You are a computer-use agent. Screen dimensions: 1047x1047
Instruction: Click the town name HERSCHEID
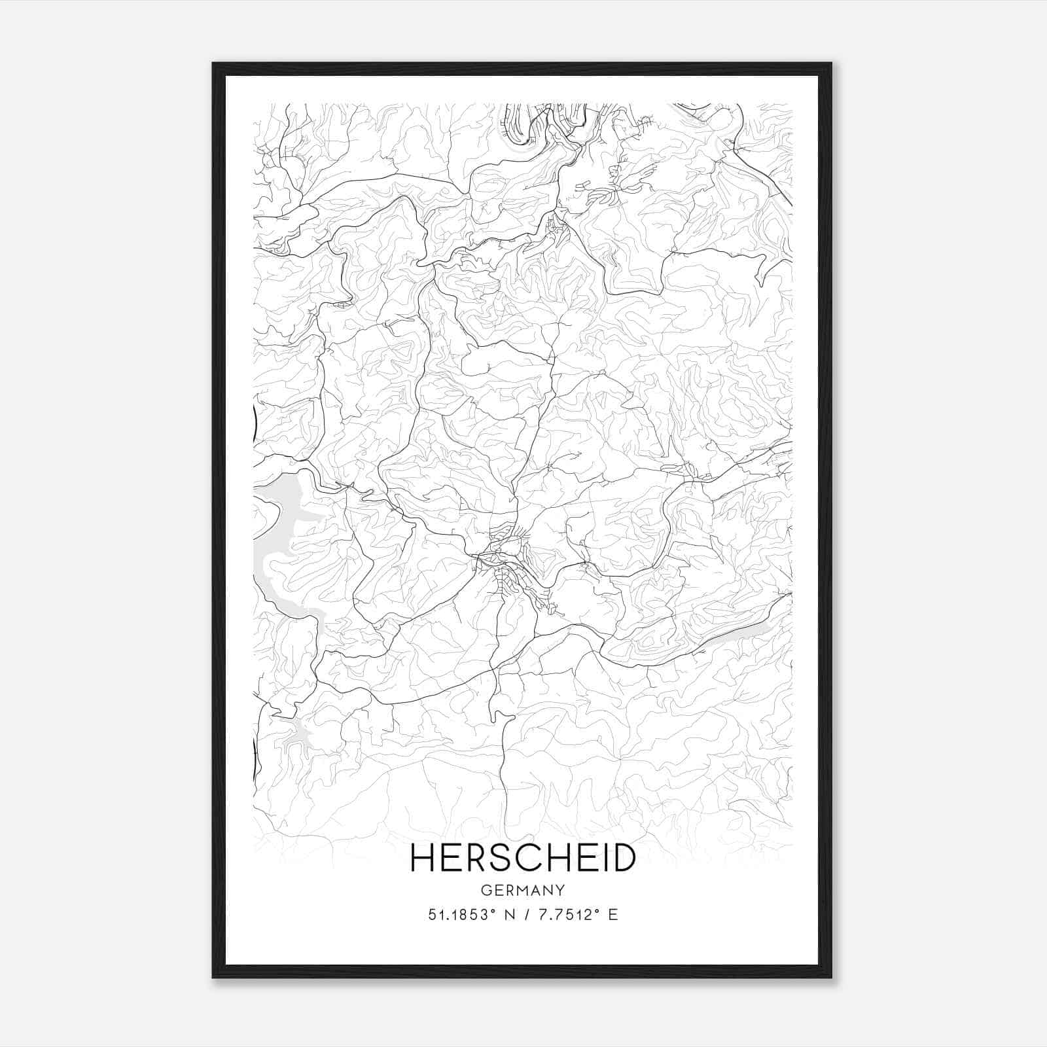(522, 858)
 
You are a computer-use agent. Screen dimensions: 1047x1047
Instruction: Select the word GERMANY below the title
(522, 891)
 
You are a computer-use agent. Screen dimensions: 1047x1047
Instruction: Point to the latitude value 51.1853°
(459, 915)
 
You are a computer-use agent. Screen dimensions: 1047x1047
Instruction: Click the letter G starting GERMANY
(486, 891)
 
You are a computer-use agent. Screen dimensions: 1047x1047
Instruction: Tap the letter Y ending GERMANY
(560, 891)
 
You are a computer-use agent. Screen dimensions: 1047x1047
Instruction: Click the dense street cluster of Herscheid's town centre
(507, 563)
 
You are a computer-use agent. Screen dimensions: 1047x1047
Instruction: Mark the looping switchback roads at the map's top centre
(523, 128)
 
